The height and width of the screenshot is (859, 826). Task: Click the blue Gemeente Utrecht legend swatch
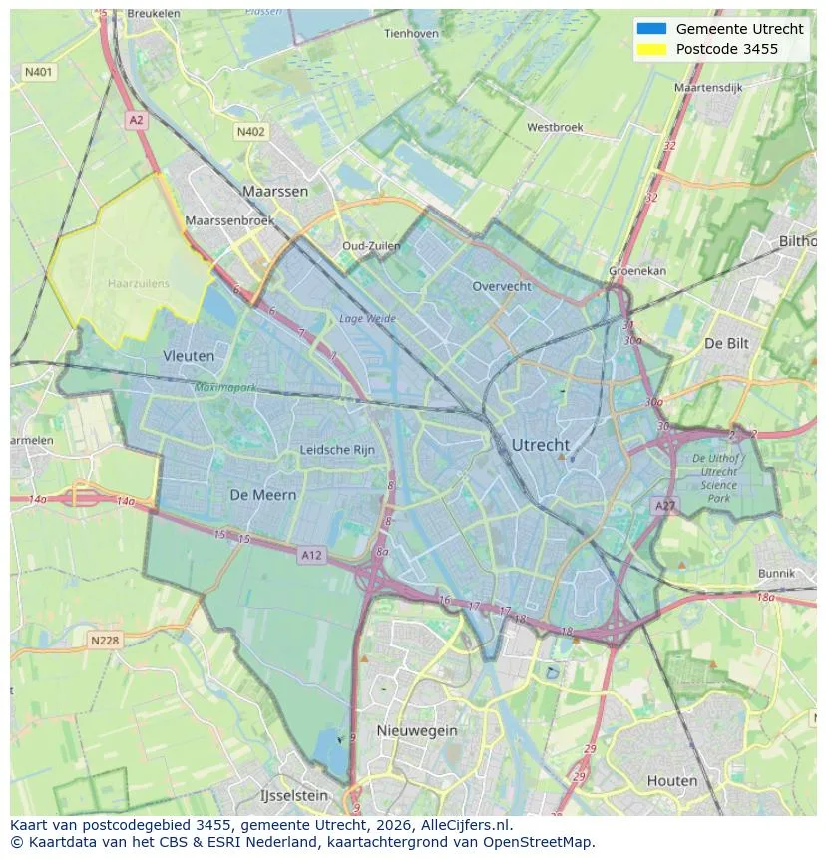tap(651, 29)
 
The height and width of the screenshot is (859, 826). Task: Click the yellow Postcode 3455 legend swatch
tap(651, 49)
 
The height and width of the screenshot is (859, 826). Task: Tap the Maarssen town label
tap(274, 190)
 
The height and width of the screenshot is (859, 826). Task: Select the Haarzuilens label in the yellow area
tap(139, 283)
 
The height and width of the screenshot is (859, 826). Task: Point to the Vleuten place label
tap(189, 355)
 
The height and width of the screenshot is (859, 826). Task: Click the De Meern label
tap(262, 495)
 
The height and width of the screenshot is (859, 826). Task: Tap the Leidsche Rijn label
tap(337, 450)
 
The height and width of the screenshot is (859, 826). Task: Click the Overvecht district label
tap(502, 286)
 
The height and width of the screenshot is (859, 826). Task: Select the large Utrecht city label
tap(540, 445)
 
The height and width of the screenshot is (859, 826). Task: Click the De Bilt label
tap(726, 342)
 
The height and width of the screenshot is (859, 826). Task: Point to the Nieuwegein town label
tap(417, 730)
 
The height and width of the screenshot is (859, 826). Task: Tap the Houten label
tap(672, 780)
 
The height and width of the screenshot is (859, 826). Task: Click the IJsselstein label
tap(293, 796)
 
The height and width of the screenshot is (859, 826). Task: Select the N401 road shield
tap(39, 73)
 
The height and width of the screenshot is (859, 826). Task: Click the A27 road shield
tap(664, 507)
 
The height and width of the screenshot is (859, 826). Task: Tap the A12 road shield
tap(311, 555)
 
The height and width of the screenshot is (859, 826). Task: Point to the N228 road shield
tap(105, 641)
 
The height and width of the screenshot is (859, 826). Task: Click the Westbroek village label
tap(555, 127)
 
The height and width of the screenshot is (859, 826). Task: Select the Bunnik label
tap(776, 574)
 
